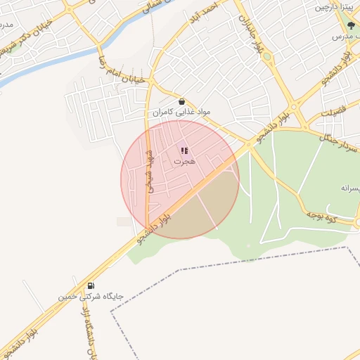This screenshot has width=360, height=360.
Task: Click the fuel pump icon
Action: pos(91,285)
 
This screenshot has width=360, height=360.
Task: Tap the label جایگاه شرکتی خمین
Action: pos(91,297)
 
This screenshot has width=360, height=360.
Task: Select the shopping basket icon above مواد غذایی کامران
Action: pos(182,101)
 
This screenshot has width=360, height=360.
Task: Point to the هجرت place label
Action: pos(184,161)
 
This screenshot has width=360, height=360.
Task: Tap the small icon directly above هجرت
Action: pos(184,150)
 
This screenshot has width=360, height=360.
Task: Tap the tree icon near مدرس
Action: pos(351,26)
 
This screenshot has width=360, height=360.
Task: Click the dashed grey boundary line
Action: pos(232,264)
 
